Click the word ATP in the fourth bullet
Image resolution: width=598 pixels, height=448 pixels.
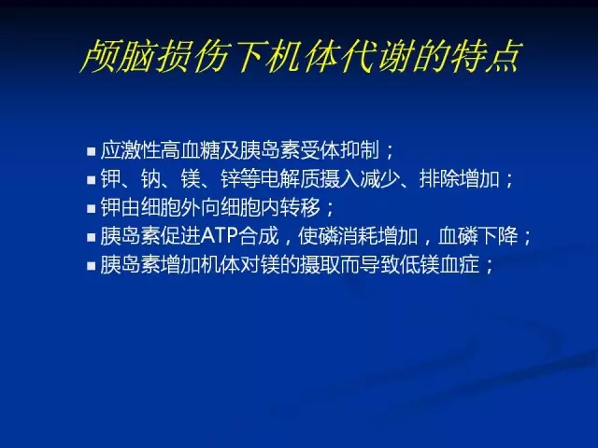(220, 236)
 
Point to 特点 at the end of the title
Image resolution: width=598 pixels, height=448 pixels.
(485, 57)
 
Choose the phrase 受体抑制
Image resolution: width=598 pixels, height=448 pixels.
(340, 149)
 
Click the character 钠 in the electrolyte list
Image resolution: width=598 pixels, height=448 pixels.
(150, 178)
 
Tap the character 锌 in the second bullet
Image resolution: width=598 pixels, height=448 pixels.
(231, 178)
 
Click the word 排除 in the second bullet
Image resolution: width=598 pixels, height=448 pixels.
(439, 178)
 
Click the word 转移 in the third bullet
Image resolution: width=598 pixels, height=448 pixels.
(300, 207)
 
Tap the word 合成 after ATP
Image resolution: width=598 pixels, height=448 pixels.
(259, 236)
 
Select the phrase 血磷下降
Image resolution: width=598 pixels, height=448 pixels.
(478, 236)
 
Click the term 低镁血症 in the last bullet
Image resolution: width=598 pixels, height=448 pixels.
(439, 265)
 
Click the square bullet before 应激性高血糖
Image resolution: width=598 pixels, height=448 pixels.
(92, 151)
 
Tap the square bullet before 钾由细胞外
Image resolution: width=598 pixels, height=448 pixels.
(92, 209)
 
